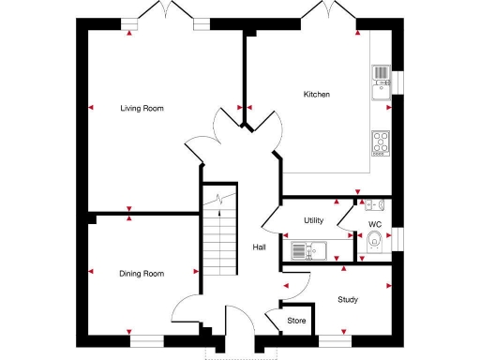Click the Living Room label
click(142, 109)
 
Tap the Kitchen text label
click(316, 95)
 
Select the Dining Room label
click(142, 274)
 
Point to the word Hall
click(259, 247)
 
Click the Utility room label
click(313, 220)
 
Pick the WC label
click(374, 225)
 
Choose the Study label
click(349, 300)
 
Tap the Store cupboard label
click(296, 322)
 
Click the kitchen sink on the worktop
click(381, 81)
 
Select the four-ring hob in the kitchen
click(381, 142)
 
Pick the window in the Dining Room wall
click(146, 342)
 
